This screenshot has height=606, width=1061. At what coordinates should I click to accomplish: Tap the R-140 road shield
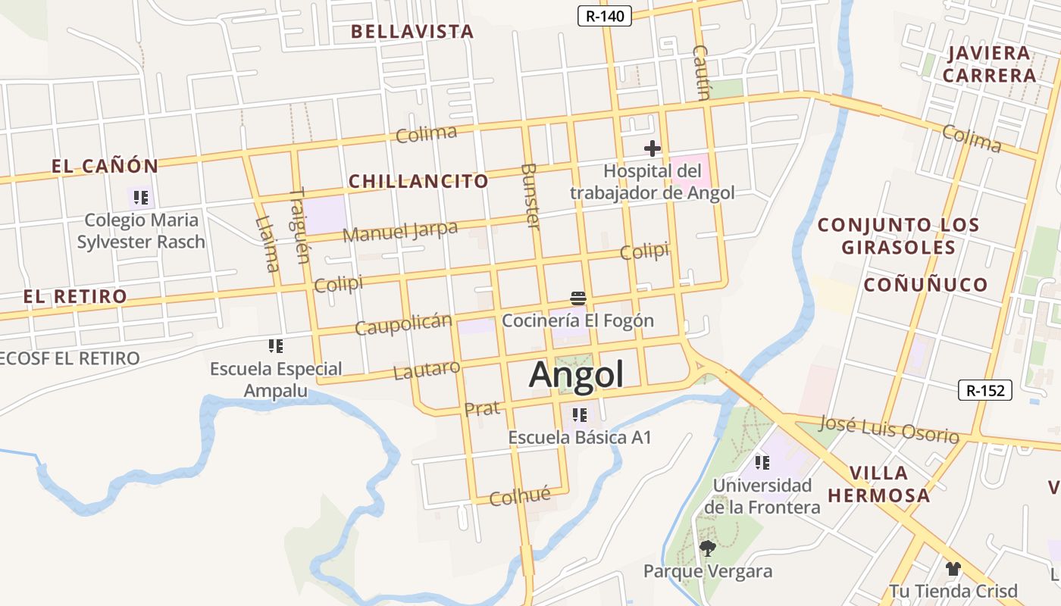(605, 16)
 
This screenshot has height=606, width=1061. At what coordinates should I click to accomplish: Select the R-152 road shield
(985, 390)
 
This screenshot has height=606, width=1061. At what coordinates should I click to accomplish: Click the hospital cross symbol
(652, 148)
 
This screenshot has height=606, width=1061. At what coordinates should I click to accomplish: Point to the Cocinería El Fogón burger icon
(578, 298)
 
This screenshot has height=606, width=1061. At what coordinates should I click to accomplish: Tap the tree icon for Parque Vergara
(708, 548)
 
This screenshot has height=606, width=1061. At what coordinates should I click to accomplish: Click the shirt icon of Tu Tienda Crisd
(953, 568)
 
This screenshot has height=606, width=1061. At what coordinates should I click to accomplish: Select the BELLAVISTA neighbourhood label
(413, 32)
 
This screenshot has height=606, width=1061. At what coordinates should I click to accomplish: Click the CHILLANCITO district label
(418, 181)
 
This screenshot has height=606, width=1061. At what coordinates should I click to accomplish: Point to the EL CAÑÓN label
(105, 166)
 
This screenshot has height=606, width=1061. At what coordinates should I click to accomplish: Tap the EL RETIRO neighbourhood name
(75, 296)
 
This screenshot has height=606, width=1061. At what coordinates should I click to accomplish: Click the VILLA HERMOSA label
(878, 484)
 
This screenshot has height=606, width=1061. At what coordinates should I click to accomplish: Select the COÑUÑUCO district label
(926, 285)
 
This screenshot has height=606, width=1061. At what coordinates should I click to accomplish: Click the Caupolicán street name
(403, 324)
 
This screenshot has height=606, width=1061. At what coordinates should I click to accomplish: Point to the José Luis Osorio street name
(889, 428)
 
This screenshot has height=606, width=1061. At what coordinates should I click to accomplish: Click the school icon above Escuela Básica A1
(580, 415)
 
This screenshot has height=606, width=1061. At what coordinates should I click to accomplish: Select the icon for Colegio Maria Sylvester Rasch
(141, 198)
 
